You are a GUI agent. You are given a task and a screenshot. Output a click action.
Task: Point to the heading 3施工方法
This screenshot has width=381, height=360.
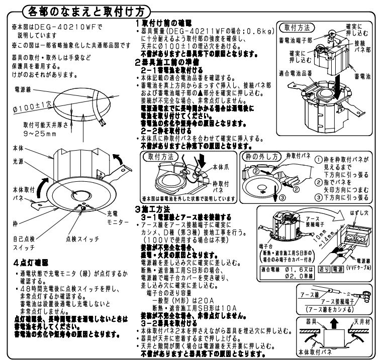pos(154,207)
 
